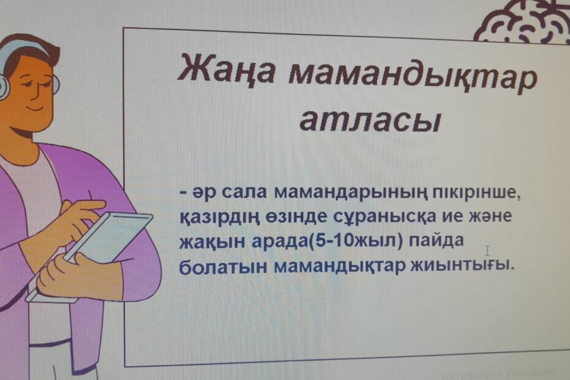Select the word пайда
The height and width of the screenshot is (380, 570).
436,241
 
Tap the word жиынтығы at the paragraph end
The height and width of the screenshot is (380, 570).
462,265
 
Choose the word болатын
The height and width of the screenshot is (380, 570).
224,267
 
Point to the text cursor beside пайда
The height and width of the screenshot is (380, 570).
487,251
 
